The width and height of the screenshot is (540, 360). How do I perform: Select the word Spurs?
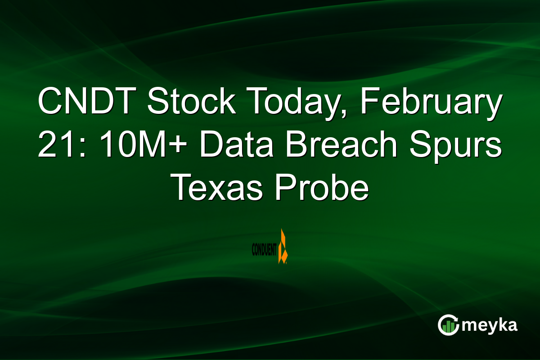(x=464, y=146)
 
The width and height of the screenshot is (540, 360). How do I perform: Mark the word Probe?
(x=322, y=189)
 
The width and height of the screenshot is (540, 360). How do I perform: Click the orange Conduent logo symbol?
(x=283, y=247)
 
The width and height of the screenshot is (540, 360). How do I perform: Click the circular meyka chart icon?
(x=449, y=325)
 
